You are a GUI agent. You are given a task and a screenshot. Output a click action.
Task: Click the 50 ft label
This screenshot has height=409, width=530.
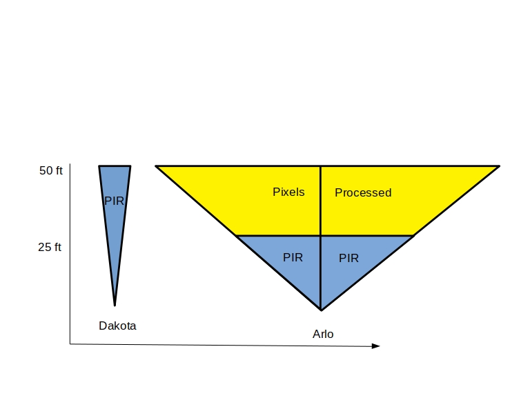point(50,170)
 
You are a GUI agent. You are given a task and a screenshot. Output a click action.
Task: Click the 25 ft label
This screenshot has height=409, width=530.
point(50,247)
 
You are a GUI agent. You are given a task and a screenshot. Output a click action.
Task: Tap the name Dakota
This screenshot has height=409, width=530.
point(117,326)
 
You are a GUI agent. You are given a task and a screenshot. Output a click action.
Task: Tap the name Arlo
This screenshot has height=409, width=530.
point(323,334)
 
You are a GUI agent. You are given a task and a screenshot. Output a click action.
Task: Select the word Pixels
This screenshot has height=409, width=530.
point(288,192)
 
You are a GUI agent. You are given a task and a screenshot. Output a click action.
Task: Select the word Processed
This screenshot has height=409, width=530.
point(363,192)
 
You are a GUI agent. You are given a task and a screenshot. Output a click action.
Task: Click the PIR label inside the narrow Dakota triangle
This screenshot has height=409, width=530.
point(114,201)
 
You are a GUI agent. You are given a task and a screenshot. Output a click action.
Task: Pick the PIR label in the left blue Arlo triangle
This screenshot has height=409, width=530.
point(293,257)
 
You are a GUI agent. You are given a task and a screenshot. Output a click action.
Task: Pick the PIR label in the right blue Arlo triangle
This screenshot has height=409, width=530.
point(349,258)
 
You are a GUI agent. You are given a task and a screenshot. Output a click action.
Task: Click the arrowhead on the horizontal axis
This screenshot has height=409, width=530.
point(376,346)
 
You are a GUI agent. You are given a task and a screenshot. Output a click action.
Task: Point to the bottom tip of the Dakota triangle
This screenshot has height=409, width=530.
point(115,304)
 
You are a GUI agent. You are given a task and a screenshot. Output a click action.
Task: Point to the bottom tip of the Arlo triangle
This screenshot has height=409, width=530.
point(321,309)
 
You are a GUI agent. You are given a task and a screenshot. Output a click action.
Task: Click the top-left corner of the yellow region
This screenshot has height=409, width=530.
point(157,166)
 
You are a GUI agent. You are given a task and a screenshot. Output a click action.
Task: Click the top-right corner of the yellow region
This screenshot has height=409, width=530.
point(498,166)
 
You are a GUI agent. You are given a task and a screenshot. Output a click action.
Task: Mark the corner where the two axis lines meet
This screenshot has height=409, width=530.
point(70,343)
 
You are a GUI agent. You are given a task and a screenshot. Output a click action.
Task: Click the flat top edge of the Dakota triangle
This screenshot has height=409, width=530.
point(115,166)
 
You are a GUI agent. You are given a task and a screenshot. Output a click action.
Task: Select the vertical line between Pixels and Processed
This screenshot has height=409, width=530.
point(320,207)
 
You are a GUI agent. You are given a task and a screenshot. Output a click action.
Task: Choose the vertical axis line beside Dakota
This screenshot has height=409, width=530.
point(70,276)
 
